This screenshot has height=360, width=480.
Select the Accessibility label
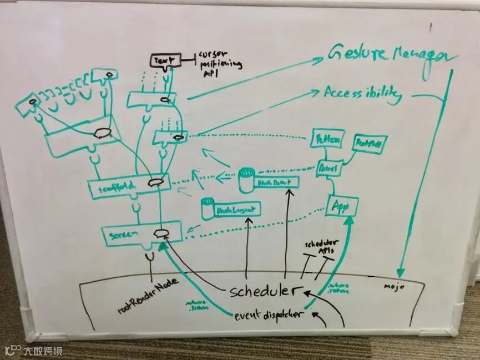click(362, 94)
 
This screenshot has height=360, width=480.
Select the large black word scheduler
click(265, 291)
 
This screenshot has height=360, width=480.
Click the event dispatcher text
click(269, 316)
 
